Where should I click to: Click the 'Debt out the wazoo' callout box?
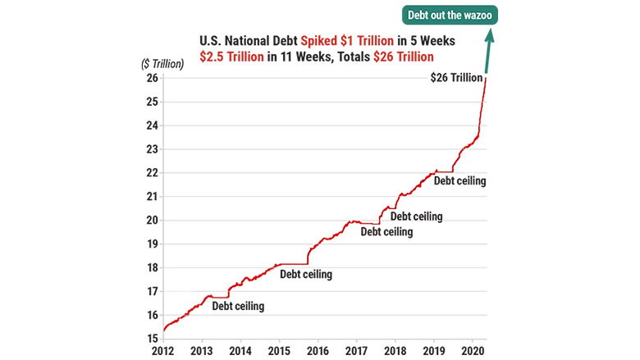click(x=450, y=16)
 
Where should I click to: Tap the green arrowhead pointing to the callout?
click(x=490, y=35)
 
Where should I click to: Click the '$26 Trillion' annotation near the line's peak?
click(x=456, y=78)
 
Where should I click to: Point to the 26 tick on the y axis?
click(x=153, y=79)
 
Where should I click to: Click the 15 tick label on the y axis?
click(x=153, y=338)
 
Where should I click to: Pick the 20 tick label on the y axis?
click(x=153, y=220)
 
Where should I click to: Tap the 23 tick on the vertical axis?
click(x=153, y=149)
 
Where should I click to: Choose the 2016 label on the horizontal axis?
click(x=318, y=351)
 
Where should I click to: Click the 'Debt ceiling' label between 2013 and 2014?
click(x=238, y=306)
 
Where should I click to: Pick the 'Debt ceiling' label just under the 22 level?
click(x=459, y=180)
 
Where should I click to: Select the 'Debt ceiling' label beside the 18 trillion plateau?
click(x=306, y=274)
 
